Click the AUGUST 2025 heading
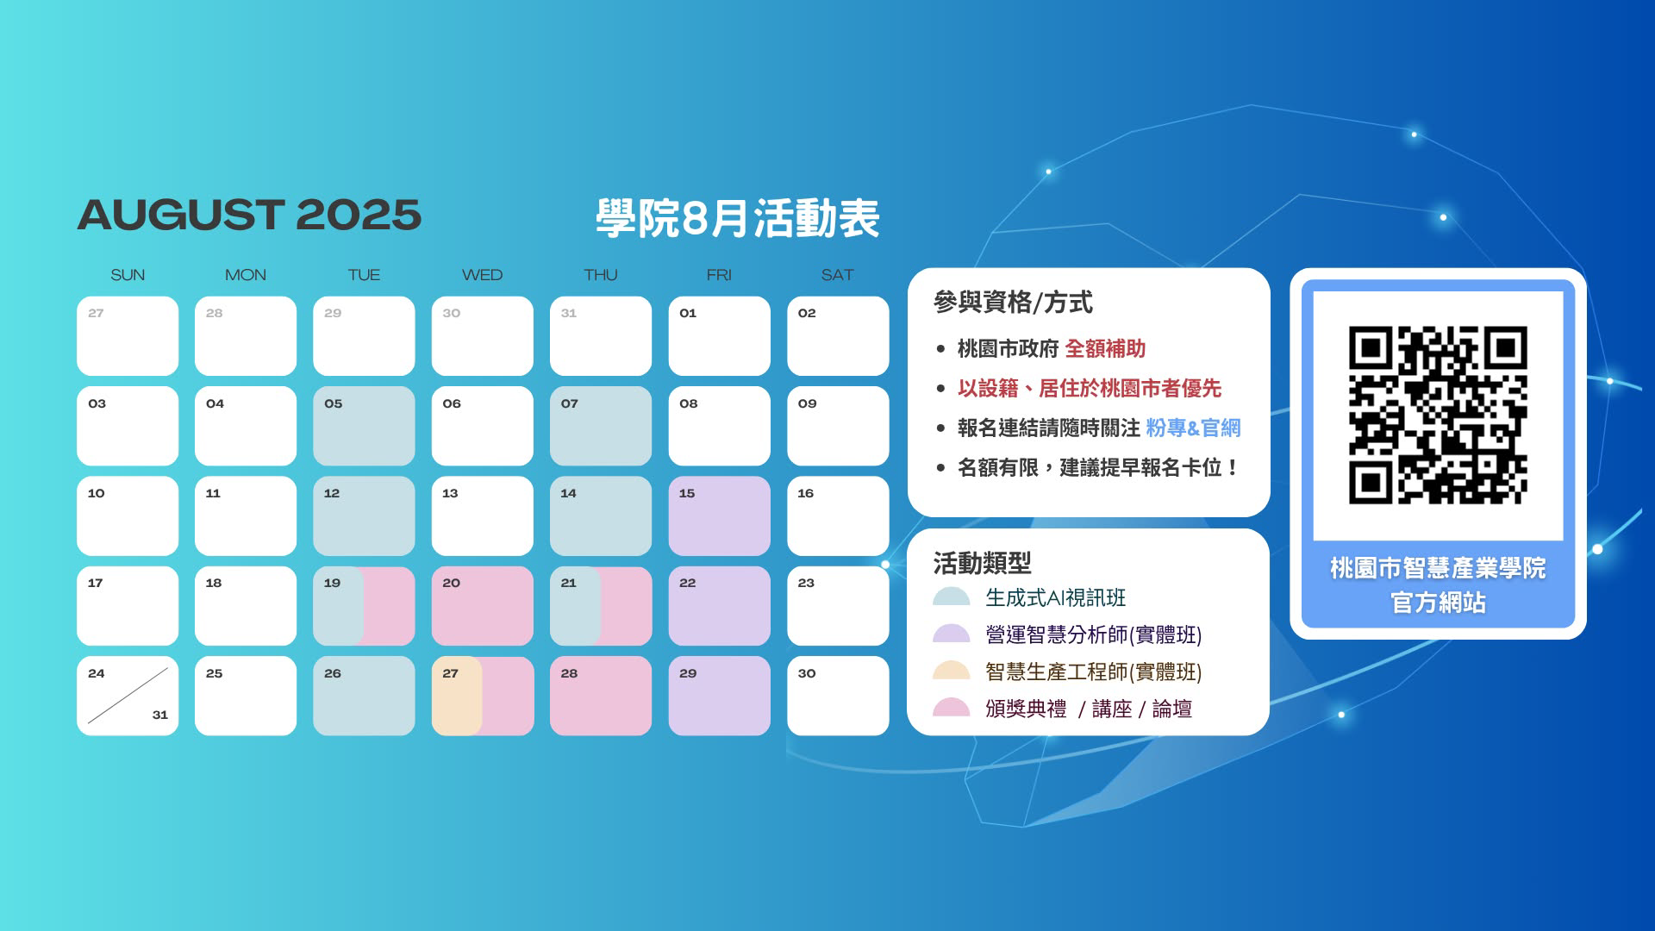pyautogui.click(x=249, y=216)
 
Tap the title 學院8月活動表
pyautogui.click(x=737, y=218)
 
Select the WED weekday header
pyautogui.click(x=482, y=275)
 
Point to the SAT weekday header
pyautogui.click(x=837, y=275)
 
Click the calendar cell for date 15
pyautogui.click(x=719, y=515)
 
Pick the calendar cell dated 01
pyautogui.click(x=719, y=336)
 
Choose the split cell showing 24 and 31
pyautogui.click(x=128, y=696)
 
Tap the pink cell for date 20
pyautogui.click(x=482, y=606)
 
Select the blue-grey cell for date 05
pyautogui.click(x=364, y=426)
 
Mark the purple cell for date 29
pyautogui.click(x=719, y=696)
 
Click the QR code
pyautogui.click(x=1438, y=415)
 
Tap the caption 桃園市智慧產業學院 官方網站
pyautogui.click(x=1438, y=584)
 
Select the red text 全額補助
pyautogui.click(x=1105, y=349)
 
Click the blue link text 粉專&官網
pyautogui.click(x=1193, y=428)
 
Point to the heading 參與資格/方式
pyautogui.click(x=1013, y=303)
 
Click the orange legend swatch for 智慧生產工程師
pyautogui.click(x=952, y=671)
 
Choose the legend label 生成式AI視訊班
pyautogui.click(x=1055, y=597)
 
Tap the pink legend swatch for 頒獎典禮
pyautogui.click(x=952, y=708)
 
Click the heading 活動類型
pyautogui.click(x=982, y=563)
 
